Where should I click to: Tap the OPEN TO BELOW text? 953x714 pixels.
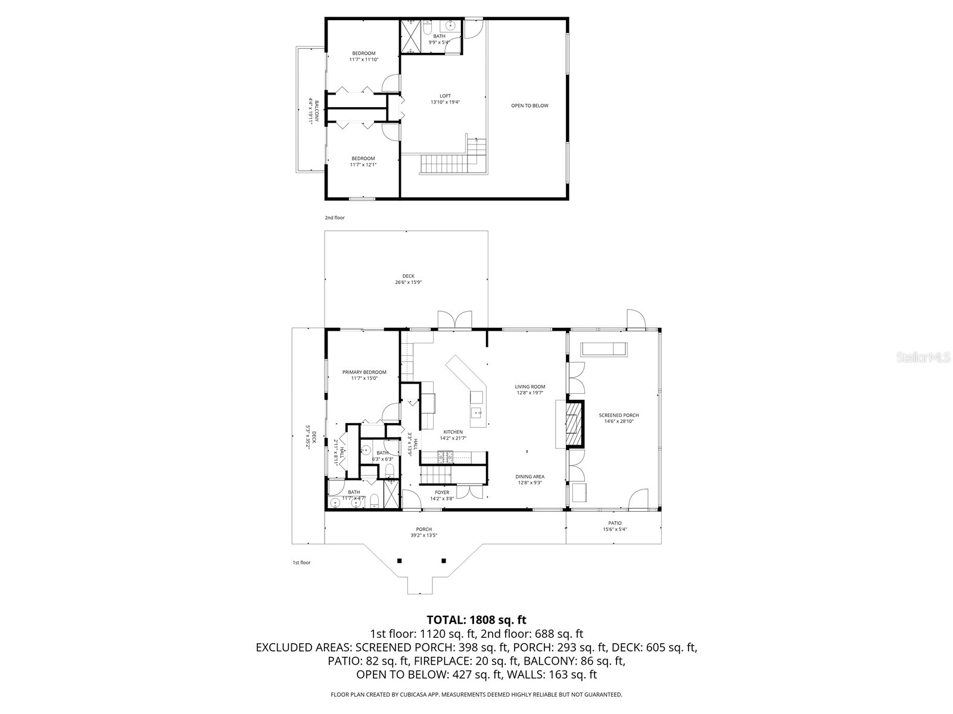530,106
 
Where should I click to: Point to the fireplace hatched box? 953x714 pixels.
572,424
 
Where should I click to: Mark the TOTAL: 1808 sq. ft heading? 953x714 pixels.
476,620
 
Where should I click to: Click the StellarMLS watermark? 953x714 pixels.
928,358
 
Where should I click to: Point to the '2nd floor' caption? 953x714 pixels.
335,218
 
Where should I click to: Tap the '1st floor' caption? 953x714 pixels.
301,562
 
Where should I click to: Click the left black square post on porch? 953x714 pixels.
400,560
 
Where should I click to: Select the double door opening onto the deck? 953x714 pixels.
454,320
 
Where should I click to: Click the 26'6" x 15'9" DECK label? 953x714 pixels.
408,279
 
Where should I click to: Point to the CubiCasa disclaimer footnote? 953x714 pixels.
476,694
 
